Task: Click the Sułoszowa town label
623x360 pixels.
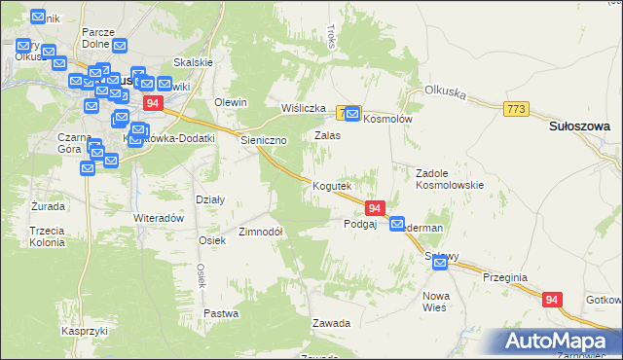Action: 578,126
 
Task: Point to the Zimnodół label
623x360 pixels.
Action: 260,232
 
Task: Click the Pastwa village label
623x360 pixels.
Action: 221,313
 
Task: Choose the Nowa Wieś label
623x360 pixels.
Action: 434,301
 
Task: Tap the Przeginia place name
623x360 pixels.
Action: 504,277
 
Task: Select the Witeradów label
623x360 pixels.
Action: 159,218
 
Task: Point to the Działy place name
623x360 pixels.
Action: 210,199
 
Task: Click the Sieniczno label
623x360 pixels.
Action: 264,140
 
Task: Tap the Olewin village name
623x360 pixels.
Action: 231,102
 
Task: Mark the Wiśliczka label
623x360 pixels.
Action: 302,108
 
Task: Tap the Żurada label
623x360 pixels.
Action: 48,206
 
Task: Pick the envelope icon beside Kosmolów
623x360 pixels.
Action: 351,114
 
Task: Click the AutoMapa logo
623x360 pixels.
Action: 559,341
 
